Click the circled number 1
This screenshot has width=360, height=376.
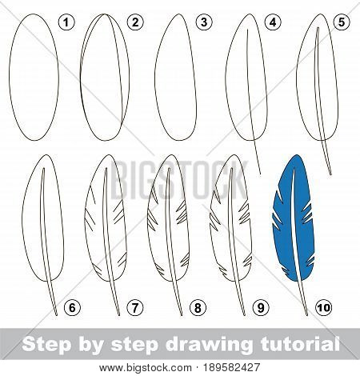coord(66,22)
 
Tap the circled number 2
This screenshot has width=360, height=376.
coord(135,22)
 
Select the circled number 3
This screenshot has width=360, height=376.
coord(204,22)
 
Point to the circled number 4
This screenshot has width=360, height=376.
coord(273,22)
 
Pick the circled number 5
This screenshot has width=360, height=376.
coord(342,22)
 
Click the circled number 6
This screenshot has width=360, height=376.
coord(72,308)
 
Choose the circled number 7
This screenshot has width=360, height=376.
coord(135,308)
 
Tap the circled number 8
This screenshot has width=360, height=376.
coord(198,308)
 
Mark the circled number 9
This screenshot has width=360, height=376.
coord(261,308)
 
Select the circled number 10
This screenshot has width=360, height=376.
coord(323,308)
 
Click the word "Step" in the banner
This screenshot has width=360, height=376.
coord(46,345)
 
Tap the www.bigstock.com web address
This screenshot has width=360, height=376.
coord(146,368)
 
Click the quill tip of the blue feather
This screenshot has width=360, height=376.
coord(306,315)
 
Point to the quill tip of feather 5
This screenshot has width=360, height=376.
coord(330,174)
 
